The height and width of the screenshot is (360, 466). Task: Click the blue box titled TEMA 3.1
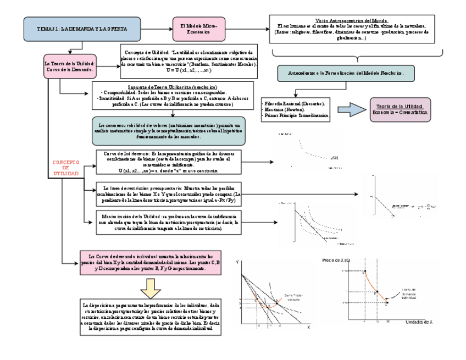tap(82, 29)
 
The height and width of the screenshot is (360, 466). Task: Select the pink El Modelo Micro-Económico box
tap(198, 29)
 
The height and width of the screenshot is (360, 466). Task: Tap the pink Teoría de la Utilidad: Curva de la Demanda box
tap(70, 67)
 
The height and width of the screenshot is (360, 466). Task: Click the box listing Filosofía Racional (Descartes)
tap(295, 110)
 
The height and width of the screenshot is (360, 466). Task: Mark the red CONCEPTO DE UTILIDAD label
tap(66, 168)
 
